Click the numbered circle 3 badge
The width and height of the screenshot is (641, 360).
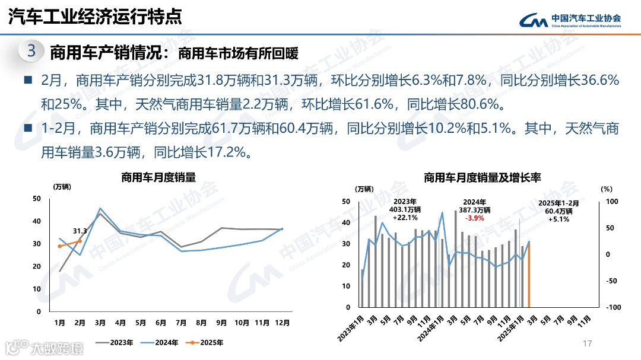click(31, 52)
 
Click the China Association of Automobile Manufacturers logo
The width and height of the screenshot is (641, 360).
click(570, 21)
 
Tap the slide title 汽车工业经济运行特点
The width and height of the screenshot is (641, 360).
click(95, 17)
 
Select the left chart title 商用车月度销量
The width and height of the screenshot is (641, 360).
click(158, 177)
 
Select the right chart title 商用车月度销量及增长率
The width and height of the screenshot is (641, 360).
click(483, 177)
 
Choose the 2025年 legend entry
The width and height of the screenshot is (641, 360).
click(204, 342)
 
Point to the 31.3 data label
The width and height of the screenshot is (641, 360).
click(80, 231)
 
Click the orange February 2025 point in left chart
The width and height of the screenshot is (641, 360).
click(80, 241)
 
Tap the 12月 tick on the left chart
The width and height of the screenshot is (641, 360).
click(283, 323)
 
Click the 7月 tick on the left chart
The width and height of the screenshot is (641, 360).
click(181, 323)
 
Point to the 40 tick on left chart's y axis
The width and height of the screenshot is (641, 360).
click(37, 221)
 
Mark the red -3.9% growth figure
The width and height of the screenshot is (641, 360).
click(475, 218)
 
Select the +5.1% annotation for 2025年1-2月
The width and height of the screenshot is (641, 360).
click(558, 219)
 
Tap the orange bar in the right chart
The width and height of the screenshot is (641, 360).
click(528, 275)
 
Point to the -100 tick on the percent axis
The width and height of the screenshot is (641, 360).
click(612, 307)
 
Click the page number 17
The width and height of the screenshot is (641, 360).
click(588, 344)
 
